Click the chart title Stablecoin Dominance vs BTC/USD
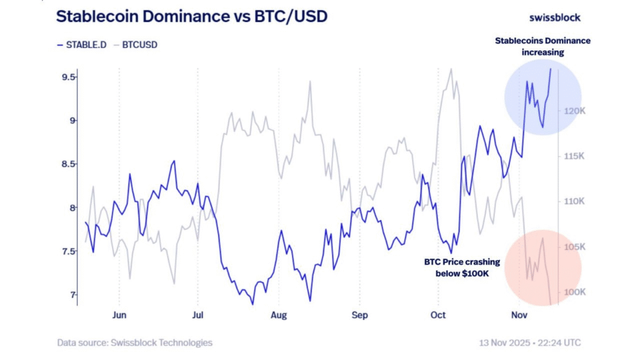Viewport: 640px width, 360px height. click(x=191, y=17)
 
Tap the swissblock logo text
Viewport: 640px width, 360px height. click(x=554, y=17)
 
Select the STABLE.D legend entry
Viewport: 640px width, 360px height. click(x=80, y=44)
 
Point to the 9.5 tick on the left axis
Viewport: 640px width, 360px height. click(x=68, y=77)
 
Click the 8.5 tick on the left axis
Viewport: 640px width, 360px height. click(x=68, y=164)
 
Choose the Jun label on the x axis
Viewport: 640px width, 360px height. click(x=119, y=315)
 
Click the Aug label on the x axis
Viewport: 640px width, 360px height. click(x=279, y=315)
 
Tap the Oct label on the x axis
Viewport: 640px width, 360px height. click(x=438, y=315)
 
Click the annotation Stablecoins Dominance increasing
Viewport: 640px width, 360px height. click(x=542, y=46)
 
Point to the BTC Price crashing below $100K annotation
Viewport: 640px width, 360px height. click(x=461, y=267)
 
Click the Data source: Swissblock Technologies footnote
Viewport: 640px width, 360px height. click(x=135, y=342)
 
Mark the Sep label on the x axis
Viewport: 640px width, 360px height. click(x=359, y=315)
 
